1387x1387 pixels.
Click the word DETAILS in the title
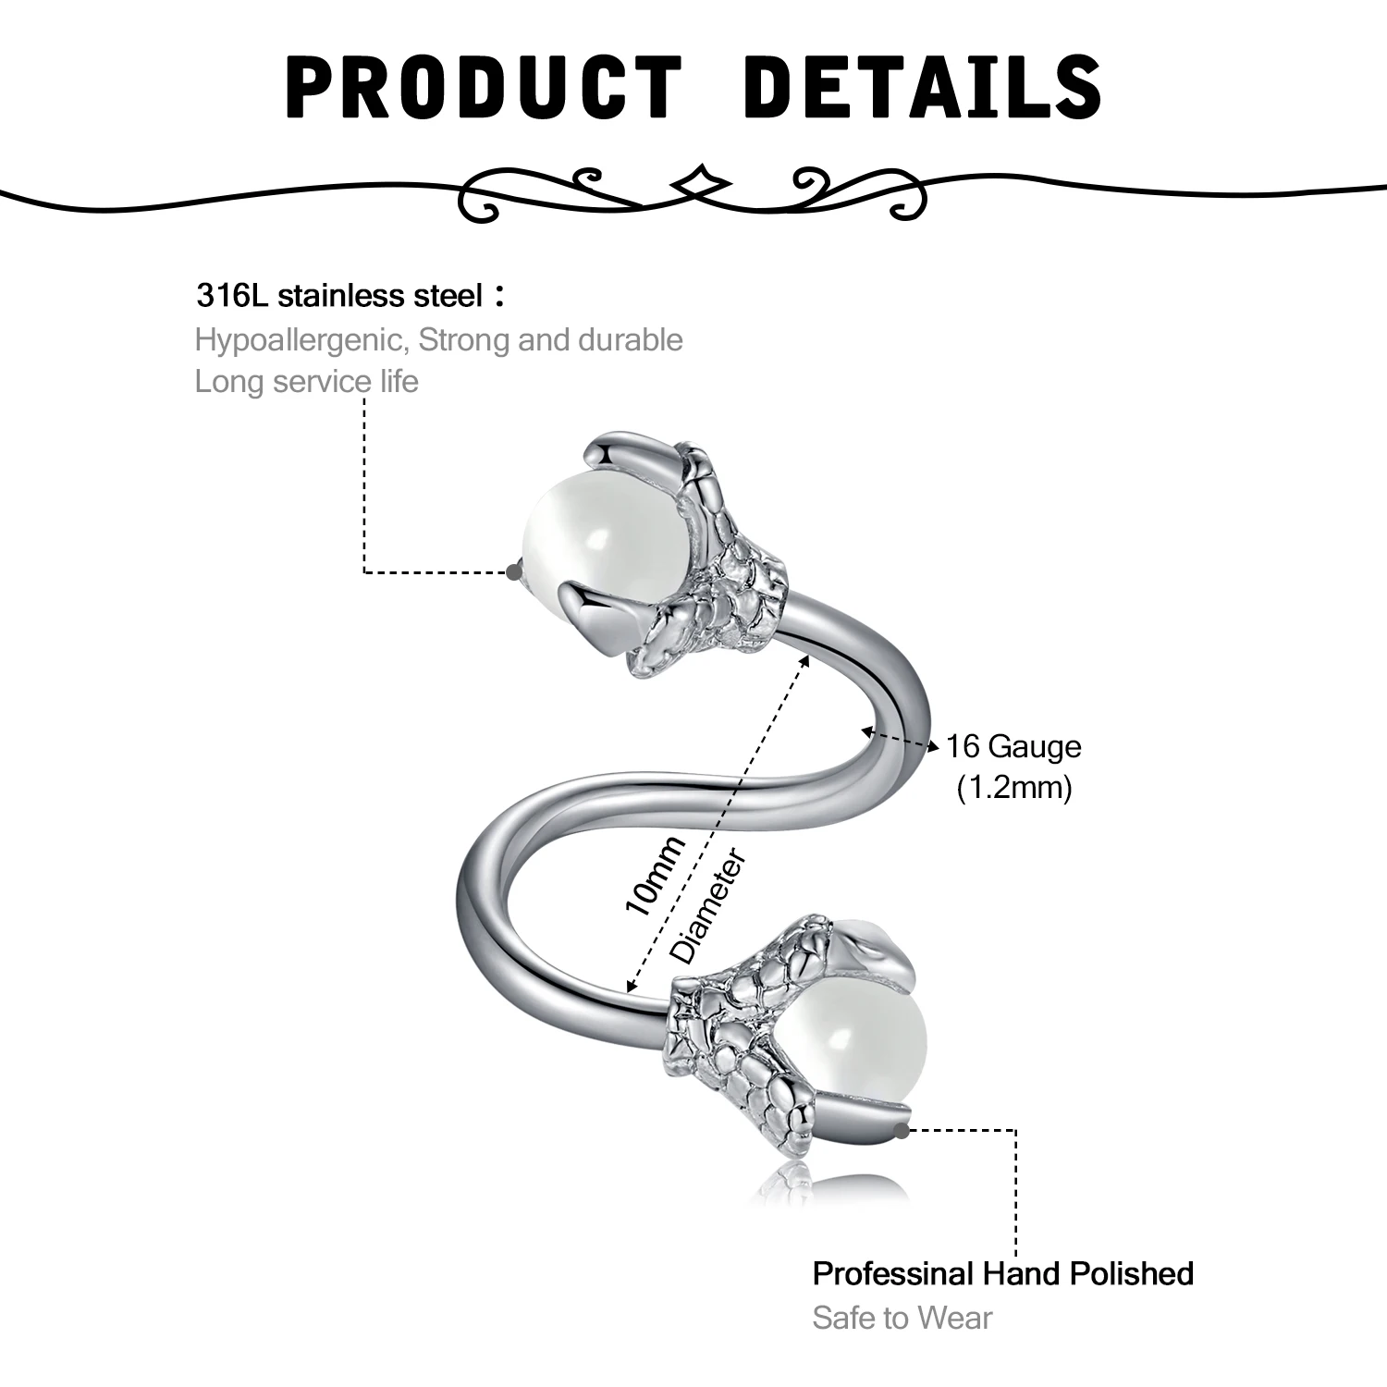coord(922,87)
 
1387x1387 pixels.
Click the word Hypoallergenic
coord(301,340)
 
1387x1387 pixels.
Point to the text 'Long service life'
coord(307,381)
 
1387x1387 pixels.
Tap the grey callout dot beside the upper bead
coord(514,572)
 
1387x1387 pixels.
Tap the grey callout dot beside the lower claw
coord(904,1129)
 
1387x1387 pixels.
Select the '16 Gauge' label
coord(1013,746)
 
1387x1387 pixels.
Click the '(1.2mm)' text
coord(1014,788)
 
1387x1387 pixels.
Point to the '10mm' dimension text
coord(655,874)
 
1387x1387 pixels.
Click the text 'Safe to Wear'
coord(902,1318)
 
